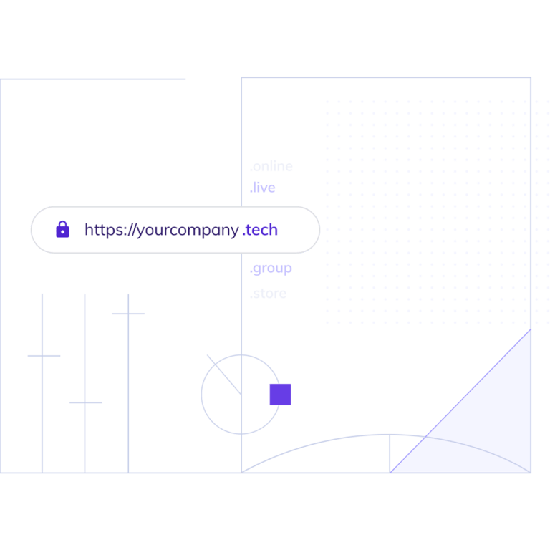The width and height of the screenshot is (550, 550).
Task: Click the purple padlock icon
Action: (x=63, y=229)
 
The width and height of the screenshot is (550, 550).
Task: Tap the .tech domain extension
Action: (x=260, y=230)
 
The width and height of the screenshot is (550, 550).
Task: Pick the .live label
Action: (x=262, y=188)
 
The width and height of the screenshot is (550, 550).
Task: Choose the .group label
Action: (x=271, y=269)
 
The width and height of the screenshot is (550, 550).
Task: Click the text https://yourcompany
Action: (x=161, y=231)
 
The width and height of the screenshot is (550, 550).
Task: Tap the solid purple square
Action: (x=280, y=395)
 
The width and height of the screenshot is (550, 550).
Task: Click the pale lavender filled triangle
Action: (x=494, y=430)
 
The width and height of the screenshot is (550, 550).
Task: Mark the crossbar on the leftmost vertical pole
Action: (x=44, y=356)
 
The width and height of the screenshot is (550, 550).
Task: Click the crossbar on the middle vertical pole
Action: (x=85, y=402)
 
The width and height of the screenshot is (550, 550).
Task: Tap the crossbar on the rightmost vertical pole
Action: (x=128, y=314)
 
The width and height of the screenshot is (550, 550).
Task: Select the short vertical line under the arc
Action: (x=389, y=454)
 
